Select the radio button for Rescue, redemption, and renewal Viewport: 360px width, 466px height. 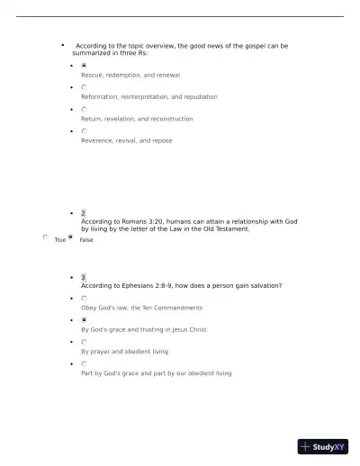(84, 66)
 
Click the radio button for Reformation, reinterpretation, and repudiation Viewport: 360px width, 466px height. (84, 87)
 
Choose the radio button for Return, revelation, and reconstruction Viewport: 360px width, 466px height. (84, 110)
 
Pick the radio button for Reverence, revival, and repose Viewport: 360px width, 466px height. (84, 131)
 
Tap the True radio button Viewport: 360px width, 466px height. (46, 237)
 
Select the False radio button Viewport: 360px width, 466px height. (70, 237)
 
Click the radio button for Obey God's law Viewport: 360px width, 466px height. (84, 299)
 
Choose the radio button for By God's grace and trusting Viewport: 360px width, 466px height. (84, 320)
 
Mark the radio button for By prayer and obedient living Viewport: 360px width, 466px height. (84, 342)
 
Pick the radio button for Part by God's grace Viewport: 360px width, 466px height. (84, 363)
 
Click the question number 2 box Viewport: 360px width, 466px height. (84, 213)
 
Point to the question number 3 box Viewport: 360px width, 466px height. (84, 277)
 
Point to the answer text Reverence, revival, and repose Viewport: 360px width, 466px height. (126, 140)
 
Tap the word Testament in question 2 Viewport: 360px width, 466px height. (228, 229)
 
